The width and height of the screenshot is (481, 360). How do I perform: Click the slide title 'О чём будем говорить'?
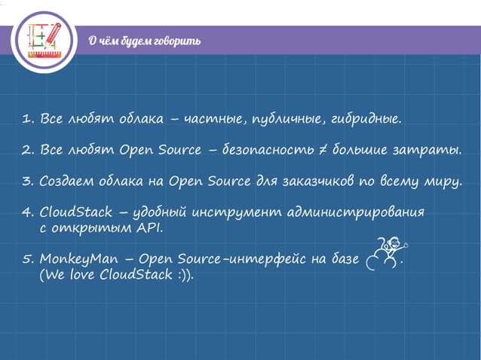click(x=144, y=41)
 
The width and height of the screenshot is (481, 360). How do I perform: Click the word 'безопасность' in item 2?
click(x=269, y=150)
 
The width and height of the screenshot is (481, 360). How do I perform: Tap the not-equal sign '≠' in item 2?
click(x=320, y=150)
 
